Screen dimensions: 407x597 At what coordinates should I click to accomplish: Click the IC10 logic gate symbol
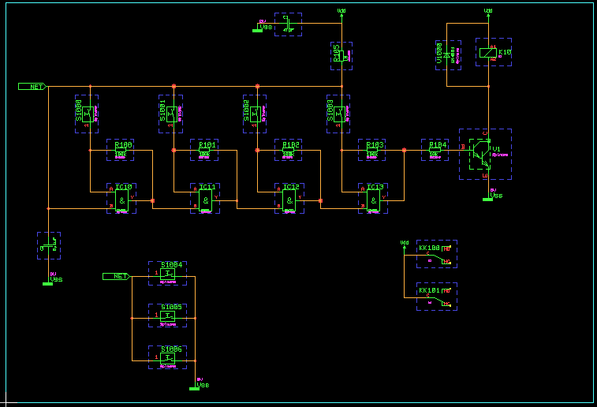coord(121,200)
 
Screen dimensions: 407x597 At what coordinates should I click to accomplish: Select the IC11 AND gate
coord(205,200)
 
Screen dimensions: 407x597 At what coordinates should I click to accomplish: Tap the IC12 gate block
coord(289,200)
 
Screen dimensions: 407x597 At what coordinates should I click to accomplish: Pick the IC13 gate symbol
coord(373,200)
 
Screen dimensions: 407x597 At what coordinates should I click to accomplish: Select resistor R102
coord(289,150)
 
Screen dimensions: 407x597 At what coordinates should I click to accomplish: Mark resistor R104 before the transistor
coord(435,150)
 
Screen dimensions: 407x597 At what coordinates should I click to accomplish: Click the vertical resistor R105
coord(341,55)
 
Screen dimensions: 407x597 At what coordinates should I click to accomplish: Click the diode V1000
coord(447,55)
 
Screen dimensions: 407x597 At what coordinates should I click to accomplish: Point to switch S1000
coord(87,114)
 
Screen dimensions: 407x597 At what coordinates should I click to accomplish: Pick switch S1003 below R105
coord(340,114)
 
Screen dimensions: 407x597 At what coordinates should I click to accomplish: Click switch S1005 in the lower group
coord(168,315)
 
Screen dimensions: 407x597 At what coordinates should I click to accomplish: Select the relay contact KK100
coord(436,254)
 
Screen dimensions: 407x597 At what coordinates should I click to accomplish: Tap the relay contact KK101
coord(436,297)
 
